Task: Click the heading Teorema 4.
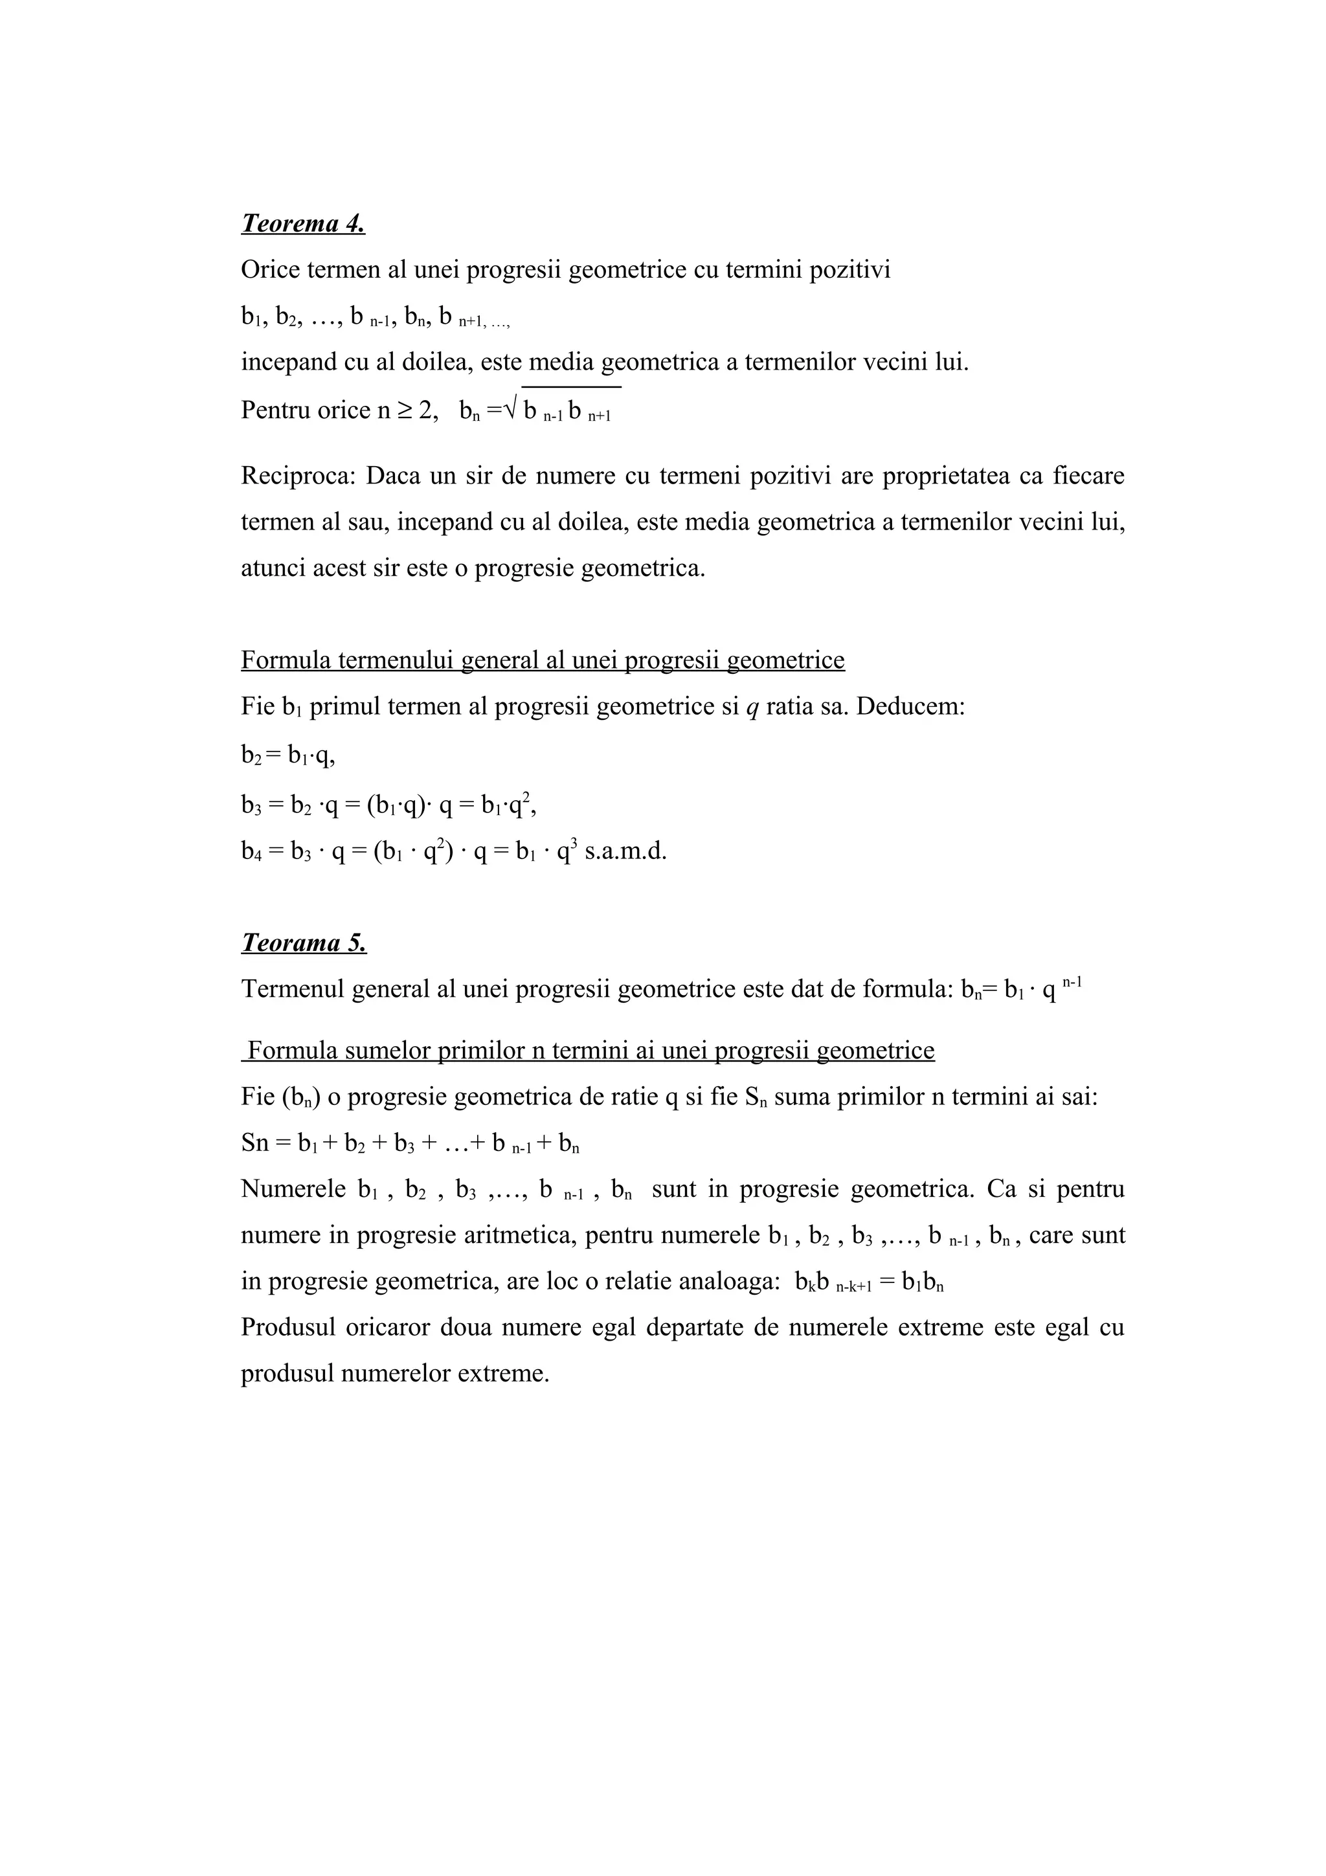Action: (303, 223)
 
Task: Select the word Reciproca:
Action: (298, 476)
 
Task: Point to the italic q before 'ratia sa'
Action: (752, 707)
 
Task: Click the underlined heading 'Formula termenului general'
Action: (543, 660)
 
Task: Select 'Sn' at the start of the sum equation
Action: (255, 1143)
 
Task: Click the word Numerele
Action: (293, 1189)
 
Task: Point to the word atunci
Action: (273, 568)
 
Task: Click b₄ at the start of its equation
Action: (250, 852)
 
